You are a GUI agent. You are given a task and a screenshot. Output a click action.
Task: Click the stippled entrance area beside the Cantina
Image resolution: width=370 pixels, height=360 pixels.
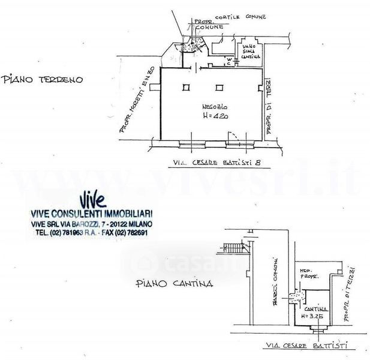point(294,296)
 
